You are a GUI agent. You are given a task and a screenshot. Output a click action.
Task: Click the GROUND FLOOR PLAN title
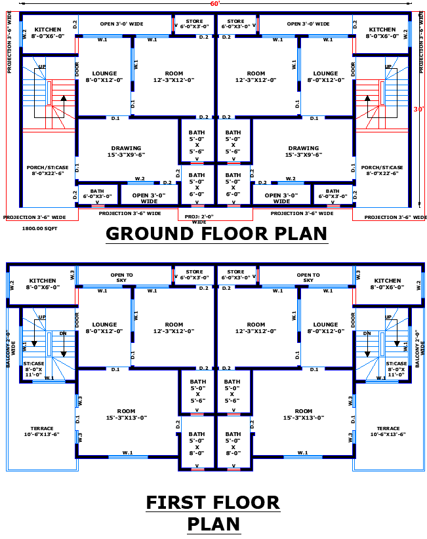tap(216, 233)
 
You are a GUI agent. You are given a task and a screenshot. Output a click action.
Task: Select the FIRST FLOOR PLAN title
tap(213, 513)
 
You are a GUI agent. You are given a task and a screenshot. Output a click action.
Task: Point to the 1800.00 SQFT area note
tap(41, 229)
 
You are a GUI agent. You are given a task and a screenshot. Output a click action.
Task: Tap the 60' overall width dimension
tap(214, 4)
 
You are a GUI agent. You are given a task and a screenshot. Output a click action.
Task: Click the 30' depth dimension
tap(418, 110)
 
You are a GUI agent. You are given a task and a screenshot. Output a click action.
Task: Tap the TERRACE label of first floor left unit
tap(41, 431)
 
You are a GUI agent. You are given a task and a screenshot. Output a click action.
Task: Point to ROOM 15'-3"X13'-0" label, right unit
tap(303, 414)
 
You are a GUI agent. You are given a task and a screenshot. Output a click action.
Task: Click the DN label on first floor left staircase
tap(63, 333)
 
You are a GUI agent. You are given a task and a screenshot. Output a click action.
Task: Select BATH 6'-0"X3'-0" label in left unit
tap(97, 193)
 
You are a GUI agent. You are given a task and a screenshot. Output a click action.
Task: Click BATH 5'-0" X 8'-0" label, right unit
tap(233, 443)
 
